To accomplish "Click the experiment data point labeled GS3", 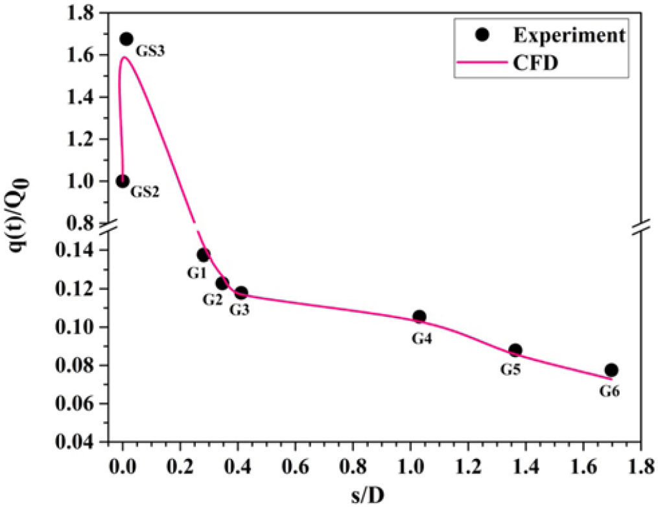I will [x=126, y=40].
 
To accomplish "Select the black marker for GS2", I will [x=123, y=181].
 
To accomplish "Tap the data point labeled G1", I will [x=203, y=254].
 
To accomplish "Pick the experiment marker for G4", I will [x=419, y=317].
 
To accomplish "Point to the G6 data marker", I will [x=611, y=370].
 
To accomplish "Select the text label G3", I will [x=239, y=310].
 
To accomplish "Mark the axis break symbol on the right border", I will [x=640, y=229].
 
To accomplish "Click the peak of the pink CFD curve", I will [x=124, y=57].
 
